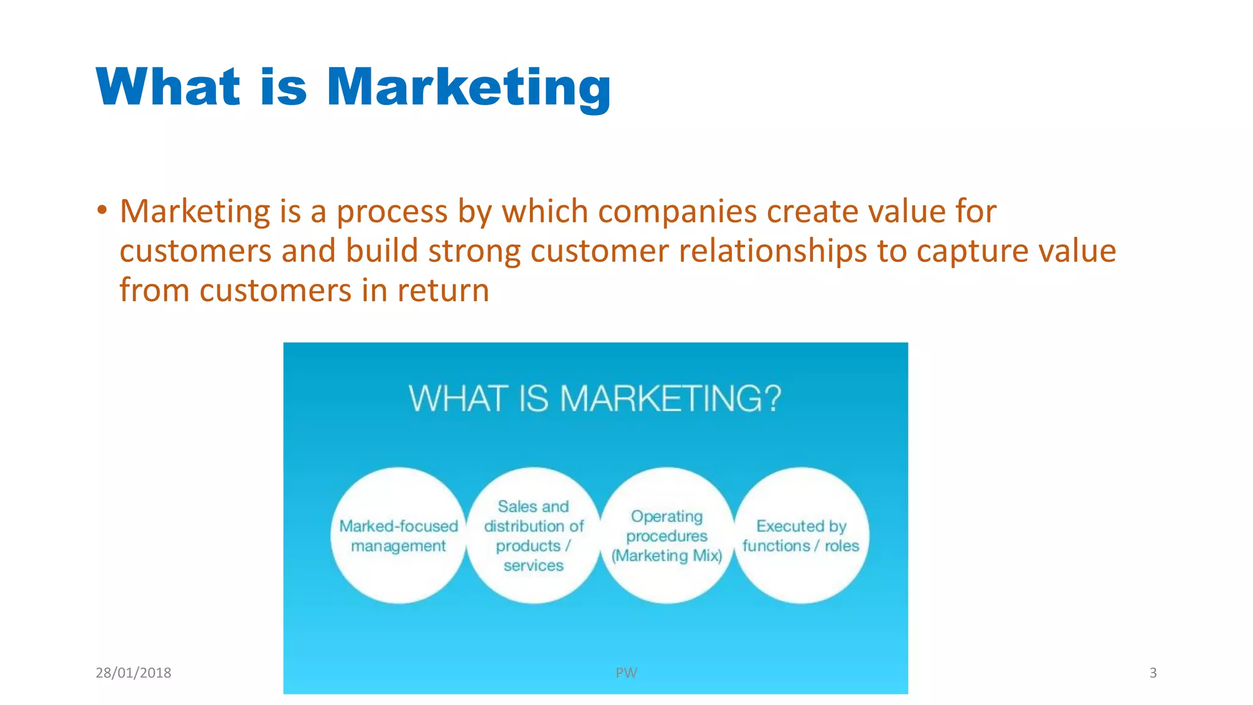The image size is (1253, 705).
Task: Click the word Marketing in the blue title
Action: tap(468, 88)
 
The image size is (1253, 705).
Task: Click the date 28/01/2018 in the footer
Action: tap(133, 673)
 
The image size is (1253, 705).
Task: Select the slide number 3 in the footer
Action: tap(1153, 673)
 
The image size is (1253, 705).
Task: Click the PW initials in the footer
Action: tap(626, 673)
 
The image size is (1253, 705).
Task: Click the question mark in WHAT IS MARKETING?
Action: tap(772, 398)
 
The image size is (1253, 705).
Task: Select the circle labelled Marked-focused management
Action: tap(398, 536)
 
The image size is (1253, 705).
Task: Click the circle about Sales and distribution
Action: tap(534, 536)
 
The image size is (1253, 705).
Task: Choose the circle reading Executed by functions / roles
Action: tap(801, 536)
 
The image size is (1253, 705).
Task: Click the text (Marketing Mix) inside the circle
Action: tap(667, 556)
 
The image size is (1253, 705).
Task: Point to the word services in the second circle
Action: tap(534, 565)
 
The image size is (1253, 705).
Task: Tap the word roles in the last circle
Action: tap(842, 546)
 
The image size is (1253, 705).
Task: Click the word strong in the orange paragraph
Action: tap(474, 252)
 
